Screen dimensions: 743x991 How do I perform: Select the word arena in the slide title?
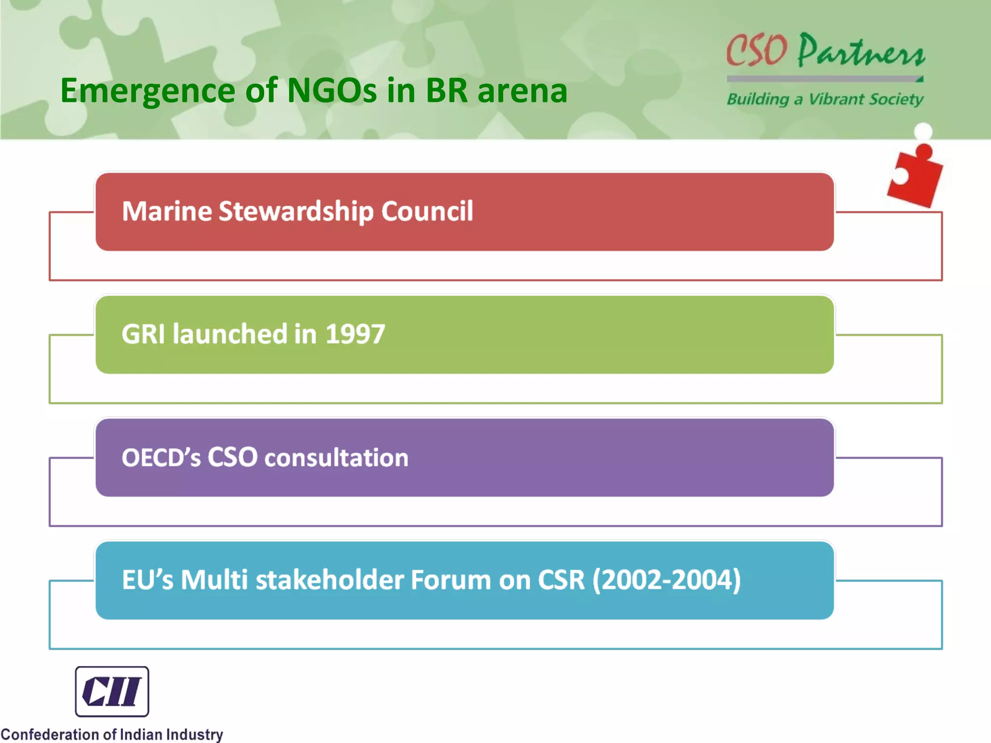pyautogui.click(x=522, y=91)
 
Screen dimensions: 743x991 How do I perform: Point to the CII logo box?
pyautogui.click(x=112, y=691)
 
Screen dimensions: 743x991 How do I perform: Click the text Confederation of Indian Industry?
pyautogui.click(x=112, y=734)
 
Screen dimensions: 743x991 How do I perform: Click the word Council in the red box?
pyautogui.click(x=427, y=211)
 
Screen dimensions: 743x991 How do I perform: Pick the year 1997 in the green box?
pyautogui.click(x=355, y=334)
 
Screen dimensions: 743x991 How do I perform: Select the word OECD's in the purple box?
pyautogui.click(x=161, y=457)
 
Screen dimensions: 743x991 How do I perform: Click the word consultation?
pyautogui.click(x=336, y=457)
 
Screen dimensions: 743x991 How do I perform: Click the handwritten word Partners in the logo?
pyautogui.click(x=861, y=51)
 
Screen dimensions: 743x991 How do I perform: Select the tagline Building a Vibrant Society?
pyautogui.click(x=825, y=99)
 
